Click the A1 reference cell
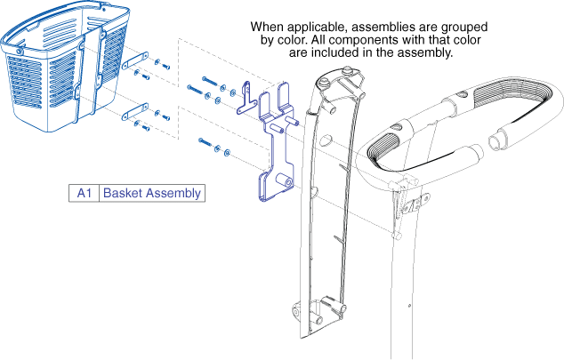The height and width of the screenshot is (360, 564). [x=85, y=193]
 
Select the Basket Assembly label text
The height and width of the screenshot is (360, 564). [x=151, y=193]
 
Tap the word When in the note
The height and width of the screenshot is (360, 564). [x=270, y=28]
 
